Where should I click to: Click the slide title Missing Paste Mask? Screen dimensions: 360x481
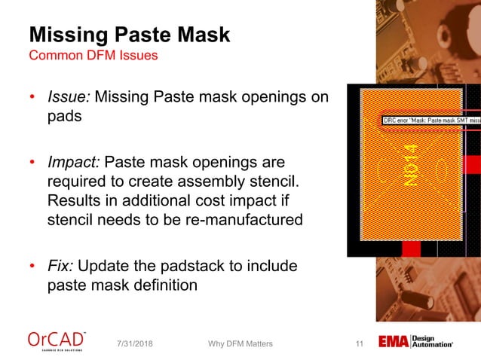click(x=129, y=35)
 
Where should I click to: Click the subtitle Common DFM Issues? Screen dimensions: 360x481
click(x=93, y=56)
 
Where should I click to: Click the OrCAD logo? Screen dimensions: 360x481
click(x=57, y=341)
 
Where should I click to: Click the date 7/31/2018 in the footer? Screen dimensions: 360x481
click(x=139, y=344)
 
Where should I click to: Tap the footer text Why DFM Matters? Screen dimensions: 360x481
click(x=240, y=344)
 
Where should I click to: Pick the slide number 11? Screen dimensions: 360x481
click(x=359, y=344)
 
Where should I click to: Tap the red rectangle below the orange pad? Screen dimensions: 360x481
click(x=411, y=247)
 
